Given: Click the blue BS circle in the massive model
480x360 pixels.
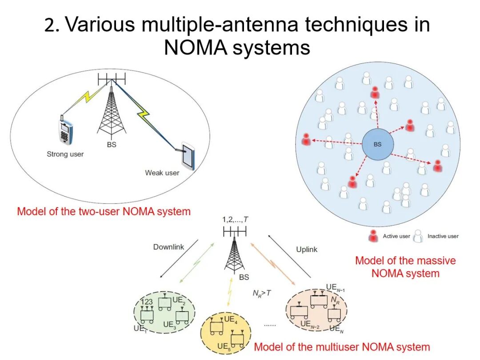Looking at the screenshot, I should (x=377, y=144).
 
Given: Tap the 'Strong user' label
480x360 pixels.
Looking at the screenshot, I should (x=65, y=154).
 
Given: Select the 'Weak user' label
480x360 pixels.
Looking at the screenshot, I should (x=162, y=172).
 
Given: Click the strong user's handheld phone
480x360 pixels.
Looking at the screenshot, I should (x=66, y=132).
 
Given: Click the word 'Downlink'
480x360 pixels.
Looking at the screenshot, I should (x=168, y=247).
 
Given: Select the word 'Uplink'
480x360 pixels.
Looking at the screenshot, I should (x=307, y=249).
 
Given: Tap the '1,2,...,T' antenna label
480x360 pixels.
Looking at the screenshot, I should (x=236, y=219).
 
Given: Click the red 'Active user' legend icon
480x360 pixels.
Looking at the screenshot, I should (x=374, y=236).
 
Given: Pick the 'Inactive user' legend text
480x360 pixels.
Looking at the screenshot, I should (x=443, y=236).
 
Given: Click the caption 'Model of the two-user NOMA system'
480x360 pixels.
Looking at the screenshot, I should (x=104, y=211).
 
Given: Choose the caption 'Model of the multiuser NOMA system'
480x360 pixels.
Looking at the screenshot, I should (x=342, y=347).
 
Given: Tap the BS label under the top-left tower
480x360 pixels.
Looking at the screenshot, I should (x=112, y=145).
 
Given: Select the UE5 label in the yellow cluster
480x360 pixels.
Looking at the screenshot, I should (x=223, y=346).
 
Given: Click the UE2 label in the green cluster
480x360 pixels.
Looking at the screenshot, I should (x=178, y=300).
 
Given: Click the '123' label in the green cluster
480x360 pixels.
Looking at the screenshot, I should (x=147, y=302).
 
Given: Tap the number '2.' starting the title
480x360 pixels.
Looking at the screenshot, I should (x=52, y=26).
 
